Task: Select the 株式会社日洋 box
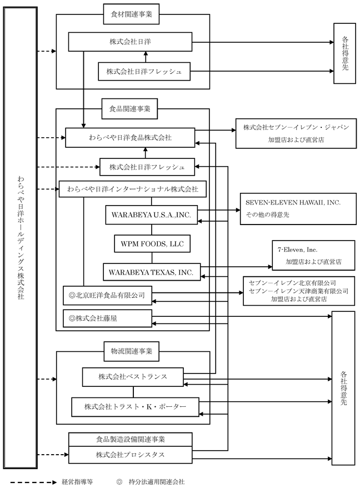(x=130, y=41)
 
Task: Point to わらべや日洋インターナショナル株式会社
(x=133, y=189)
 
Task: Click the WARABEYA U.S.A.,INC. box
(x=151, y=215)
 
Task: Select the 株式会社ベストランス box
(x=133, y=377)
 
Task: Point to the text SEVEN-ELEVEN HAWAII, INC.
(x=293, y=203)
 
